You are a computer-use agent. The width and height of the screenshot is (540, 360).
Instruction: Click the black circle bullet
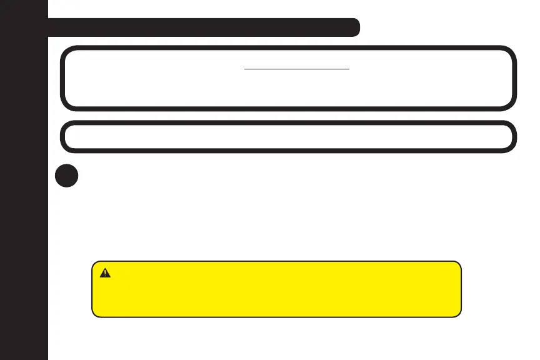pyautogui.click(x=66, y=176)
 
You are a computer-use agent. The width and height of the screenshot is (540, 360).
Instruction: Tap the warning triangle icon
pyautogui.click(x=105, y=273)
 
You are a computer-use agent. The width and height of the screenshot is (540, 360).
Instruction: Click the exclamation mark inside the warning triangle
pyautogui.click(x=105, y=274)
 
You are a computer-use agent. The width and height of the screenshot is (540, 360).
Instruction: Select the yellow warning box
pyautogui.click(x=276, y=289)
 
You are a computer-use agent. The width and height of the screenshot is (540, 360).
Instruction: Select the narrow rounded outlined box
pyautogui.click(x=288, y=136)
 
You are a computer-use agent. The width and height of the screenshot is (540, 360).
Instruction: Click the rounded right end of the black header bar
pyautogui.click(x=356, y=27)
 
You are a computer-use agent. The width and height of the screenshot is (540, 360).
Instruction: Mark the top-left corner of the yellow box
pyautogui.click(x=94, y=263)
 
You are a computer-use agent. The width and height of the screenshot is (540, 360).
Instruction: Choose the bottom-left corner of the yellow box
pyautogui.click(x=94, y=315)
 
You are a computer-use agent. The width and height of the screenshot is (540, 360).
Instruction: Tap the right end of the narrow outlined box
pyautogui.click(x=516, y=136)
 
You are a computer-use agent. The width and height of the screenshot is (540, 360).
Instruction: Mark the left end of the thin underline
pyautogui.click(x=244, y=69)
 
